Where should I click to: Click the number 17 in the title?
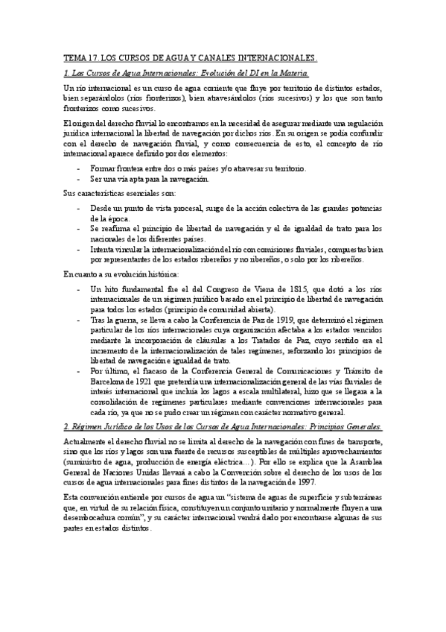pos(92,57)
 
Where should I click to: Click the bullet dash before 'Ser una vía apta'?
pos(80,180)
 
